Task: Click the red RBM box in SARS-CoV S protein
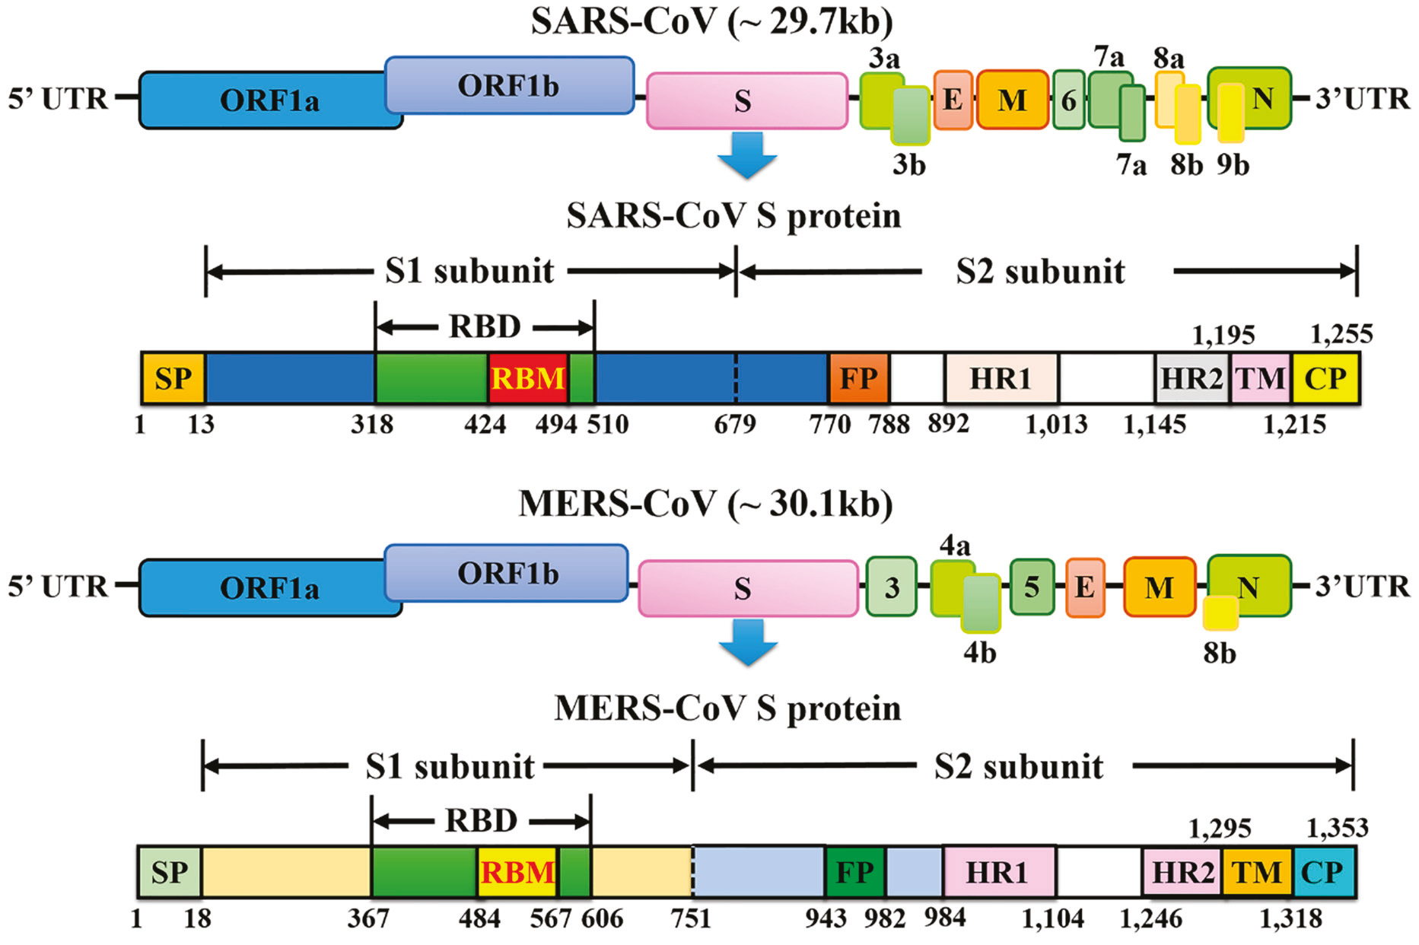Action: [x=527, y=378]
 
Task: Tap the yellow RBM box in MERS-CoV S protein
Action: [x=517, y=872]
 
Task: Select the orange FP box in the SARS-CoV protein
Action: [x=858, y=378]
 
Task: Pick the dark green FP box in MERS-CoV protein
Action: [x=854, y=872]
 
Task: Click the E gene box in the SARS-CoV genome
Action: [x=953, y=100]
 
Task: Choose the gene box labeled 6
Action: [x=1068, y=100]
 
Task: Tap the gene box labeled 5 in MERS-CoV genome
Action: [x=1032, y=587]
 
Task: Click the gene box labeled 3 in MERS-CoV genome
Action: [x=892, y=587]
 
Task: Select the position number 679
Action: [x=734, y=424]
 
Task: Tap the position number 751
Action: [x=691, y=918]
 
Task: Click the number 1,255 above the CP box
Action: [x=1341, y=334]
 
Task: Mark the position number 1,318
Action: [x=1290, y=919]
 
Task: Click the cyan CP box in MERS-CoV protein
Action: [x=1324, y=872]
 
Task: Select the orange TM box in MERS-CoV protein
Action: [x=1257, y=872]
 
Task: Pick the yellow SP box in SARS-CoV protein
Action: [x=173, y=378]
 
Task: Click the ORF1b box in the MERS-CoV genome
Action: [x=507, y=573]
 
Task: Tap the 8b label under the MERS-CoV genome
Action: [x=1220, y=652]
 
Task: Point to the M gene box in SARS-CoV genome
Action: [x=1012, y=100]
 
